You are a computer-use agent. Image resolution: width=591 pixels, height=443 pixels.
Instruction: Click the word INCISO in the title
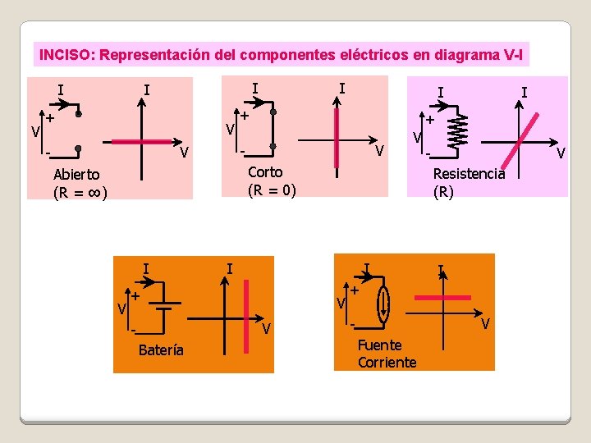[x=65, y=55]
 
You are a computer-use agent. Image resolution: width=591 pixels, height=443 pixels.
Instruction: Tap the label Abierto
[x=76, y=174]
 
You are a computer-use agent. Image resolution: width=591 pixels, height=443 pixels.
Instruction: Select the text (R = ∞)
[x=80, y=194]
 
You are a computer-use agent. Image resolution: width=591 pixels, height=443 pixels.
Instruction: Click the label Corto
[x=264, y=171]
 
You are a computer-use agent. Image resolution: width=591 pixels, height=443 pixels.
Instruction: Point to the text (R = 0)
[x=271, y=190]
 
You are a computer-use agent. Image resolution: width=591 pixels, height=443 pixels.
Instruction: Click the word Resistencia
[x=469, y=174]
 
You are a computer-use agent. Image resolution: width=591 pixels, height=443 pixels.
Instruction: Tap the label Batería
[x=162, y=351]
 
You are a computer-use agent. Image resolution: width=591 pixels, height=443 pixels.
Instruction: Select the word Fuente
[x=380, y=345]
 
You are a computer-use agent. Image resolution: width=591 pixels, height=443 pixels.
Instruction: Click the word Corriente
[x=387, y=363]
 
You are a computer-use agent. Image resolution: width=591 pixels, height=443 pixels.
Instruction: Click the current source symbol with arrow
[x=383, y=303]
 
